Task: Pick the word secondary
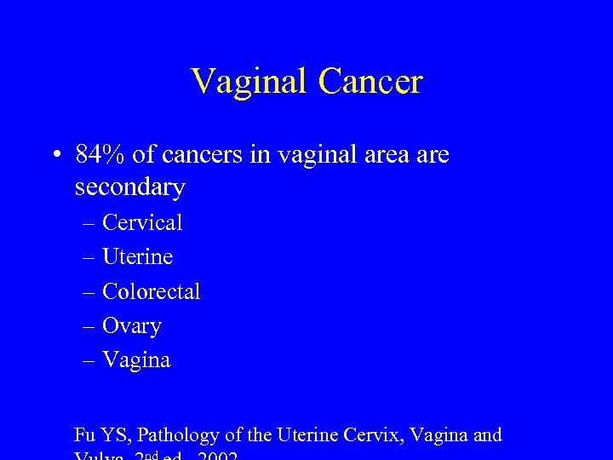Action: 129,186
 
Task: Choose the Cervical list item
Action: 142,222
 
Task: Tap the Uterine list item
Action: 137,256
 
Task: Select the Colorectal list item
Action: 151,291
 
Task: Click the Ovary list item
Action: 132,326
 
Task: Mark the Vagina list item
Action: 136,360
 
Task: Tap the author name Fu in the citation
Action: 85,435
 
